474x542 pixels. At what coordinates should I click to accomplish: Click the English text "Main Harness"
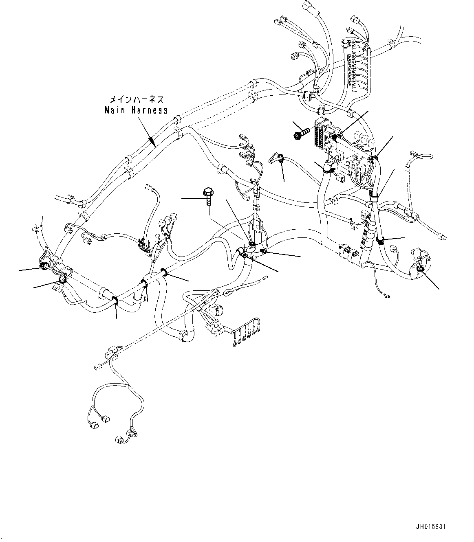pyautogui.click(x=136, y=110)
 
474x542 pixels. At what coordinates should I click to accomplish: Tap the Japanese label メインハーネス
pyautogui.click(x=136, y=99)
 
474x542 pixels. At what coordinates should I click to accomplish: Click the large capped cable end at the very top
pyautogui.click(x=306, y=7)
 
